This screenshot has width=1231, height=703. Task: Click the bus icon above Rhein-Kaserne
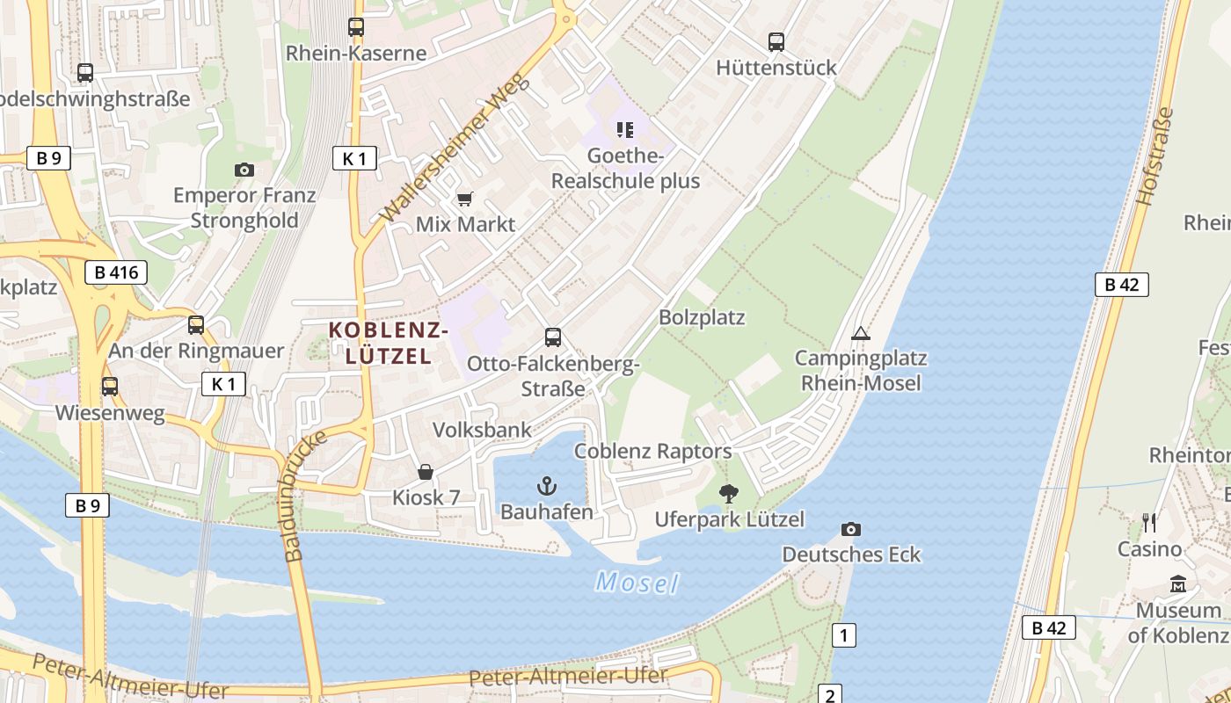pyautogui.click(x=355, y=27)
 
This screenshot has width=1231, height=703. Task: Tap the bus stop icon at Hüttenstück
pyautogui.click(x=776, y=41)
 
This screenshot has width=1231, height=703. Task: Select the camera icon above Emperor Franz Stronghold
pyautogui.click(x=244, y=170)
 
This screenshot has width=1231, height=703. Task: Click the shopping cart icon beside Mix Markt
pyautogui.click(x=464, y=199)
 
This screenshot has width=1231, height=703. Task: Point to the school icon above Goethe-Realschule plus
pyautogui.click(x=625, y=130)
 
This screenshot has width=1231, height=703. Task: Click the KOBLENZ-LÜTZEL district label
pyautogui.click(x=389, y=343)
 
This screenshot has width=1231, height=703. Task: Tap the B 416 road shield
pyautogui.click(x=116, y=272)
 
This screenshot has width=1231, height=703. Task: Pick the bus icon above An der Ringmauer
pyautogui.click(x=196, y=325)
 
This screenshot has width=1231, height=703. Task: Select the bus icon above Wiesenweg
pyautogui.click(x=110, y=387)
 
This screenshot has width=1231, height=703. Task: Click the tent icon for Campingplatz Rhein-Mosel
pyautogui.click(x=860, y=333)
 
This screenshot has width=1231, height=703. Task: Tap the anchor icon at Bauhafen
pyautogui.click(x=547, y=485)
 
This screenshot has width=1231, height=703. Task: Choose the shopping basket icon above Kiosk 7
pyautogui.click(x=426, y=473)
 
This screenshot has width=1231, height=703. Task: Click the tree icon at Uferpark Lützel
pyautogui.click(x=728, y=494)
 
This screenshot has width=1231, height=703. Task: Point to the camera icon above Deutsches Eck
pyautogui.click(x=850, y=529)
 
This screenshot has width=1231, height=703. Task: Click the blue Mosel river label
pyautogui.click(x=637, y=582)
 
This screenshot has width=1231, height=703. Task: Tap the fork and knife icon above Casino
pyautogui.click(x=1149, y=523)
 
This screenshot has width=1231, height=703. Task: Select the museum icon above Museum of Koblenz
pyautogui.click(x=1178, y=583)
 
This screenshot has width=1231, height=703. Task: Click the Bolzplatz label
pyautogui.click(x=702, y=317)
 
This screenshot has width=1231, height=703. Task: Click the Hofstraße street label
pyautogui.click(x=1155, y=156)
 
